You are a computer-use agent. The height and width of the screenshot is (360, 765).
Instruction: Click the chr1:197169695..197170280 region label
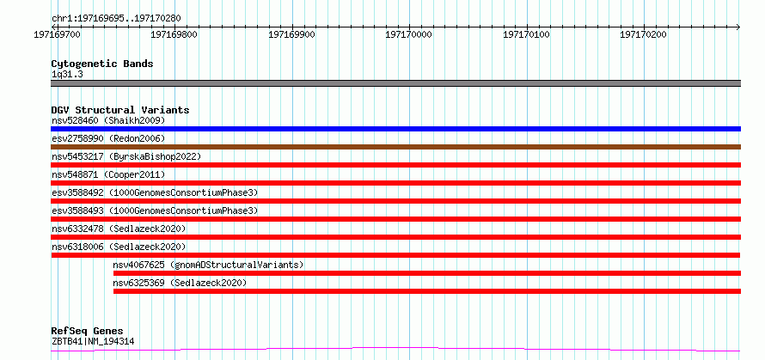tap(116, 19)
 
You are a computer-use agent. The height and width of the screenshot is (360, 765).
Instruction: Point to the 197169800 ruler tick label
tap(174, 34)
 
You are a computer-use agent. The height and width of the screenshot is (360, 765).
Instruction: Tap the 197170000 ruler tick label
tap(409, 34)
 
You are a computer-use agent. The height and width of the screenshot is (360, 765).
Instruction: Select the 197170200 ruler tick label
tap(643, 34)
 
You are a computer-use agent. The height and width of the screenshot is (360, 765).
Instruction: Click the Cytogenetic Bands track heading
tap(102, 64)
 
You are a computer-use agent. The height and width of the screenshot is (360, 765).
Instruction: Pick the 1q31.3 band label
tap(66, 75)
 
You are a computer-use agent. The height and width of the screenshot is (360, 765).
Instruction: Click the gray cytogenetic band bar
tap(395, 83)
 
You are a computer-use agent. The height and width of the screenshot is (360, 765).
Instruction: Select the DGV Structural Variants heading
tap(120, 110)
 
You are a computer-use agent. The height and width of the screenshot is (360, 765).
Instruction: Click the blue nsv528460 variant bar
tap(395, 129)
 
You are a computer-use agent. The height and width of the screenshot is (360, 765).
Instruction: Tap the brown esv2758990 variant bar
tap(395, 147)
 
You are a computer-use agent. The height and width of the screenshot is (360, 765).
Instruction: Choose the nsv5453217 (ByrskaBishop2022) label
tap(126, 156)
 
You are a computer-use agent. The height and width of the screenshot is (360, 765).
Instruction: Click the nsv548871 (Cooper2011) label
tap(108, 174)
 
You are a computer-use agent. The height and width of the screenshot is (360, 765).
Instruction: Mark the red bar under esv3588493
tap(395, 219)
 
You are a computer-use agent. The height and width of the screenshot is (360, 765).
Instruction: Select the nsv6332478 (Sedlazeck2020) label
tap(119, 229)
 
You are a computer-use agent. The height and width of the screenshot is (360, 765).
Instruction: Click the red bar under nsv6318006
tap(395, 255)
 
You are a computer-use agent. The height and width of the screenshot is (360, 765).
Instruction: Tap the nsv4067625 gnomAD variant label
tap(208, 265)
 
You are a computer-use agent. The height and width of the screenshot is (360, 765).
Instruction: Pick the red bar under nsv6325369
tap(427, 291)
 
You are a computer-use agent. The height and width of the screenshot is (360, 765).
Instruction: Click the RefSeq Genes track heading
tap(87, 332)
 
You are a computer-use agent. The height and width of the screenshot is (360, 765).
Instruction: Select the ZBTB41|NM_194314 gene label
tap(93, 341)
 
